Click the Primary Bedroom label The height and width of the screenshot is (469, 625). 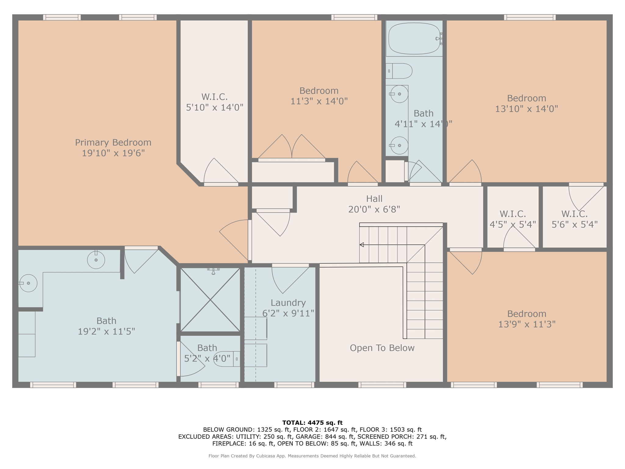[113, 143]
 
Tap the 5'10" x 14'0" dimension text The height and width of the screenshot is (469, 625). [215, 107]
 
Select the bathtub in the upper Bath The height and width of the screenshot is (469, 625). [414, 38]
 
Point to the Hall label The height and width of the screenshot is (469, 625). [374, 199]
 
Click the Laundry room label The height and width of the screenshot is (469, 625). [288, 303]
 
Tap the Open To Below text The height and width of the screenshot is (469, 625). [382, 348]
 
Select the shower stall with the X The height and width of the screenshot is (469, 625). [210, 300]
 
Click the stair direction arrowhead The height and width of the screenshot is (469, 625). [362, 245]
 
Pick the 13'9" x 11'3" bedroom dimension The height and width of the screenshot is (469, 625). [527, 324]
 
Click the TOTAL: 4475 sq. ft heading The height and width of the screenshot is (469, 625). [312, 423]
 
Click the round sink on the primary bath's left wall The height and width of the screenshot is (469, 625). [28, 283]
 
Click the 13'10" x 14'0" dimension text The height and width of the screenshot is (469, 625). [526, 109]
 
